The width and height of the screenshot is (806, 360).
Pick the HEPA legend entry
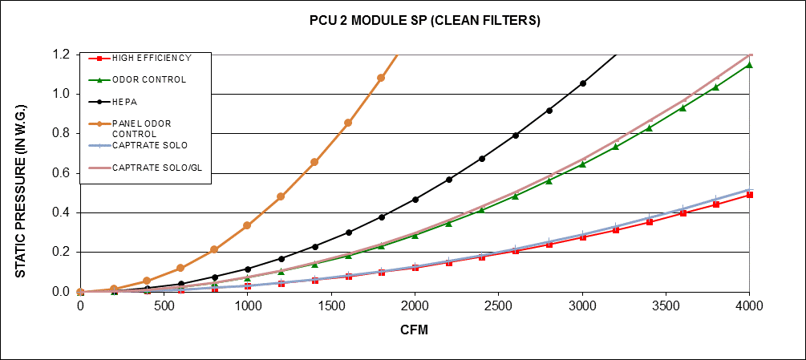(124, 101)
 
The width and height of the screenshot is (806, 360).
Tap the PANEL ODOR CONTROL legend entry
(141, 127)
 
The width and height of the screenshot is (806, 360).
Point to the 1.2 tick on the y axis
(62, 55)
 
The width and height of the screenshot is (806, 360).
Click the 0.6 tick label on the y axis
(62, 173)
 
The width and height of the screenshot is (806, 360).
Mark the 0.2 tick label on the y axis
(62, 252)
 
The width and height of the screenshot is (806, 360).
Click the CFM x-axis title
(415, 331)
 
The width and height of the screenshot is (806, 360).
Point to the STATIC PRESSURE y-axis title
(22, 172)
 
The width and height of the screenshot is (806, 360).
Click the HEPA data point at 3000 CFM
(582, 83)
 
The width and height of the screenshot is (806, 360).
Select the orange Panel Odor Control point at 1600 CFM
(348, 123)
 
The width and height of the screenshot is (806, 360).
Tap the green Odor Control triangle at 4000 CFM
(750, 65)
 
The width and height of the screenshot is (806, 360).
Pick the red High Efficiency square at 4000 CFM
(750, 195)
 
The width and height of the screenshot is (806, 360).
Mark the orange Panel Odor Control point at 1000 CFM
(247, 225)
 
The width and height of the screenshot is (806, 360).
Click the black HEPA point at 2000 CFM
(415, 200)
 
